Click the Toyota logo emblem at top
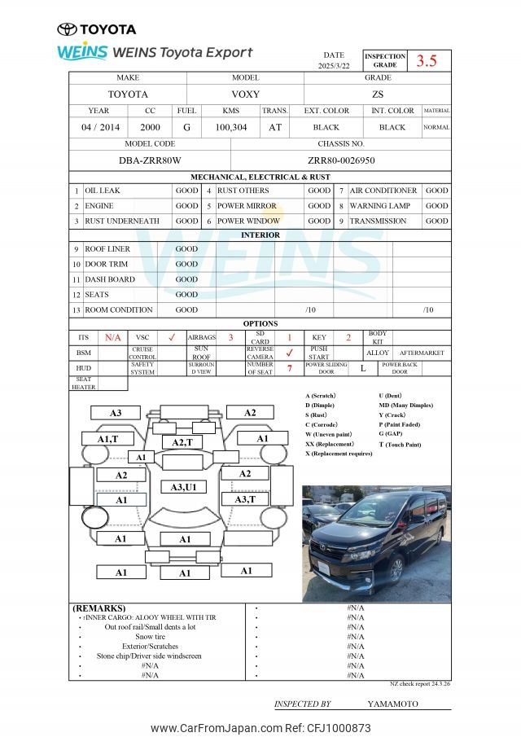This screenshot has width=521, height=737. point(67,29)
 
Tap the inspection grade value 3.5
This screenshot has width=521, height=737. point(427,60)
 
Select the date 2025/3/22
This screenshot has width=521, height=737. point(333,65)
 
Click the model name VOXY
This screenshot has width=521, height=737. point(245,94)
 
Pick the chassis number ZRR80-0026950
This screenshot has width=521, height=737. point(341,160)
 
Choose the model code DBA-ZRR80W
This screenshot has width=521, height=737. point(150,160)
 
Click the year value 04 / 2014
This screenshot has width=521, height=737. point(100,127)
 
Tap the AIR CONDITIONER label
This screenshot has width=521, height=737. point(383,191)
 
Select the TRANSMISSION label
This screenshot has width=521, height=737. point(378,221)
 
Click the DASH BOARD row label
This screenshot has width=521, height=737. point(110,279)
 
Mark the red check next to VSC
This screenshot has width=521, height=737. point(171,337)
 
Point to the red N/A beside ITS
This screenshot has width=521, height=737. point(112,337)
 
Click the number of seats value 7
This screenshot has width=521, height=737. point(289,368)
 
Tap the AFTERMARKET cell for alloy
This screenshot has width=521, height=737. point(422,353)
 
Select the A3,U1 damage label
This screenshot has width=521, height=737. point(183,486)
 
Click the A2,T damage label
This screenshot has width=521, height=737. point(182,442)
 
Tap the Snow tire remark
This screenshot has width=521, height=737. point(150,637)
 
